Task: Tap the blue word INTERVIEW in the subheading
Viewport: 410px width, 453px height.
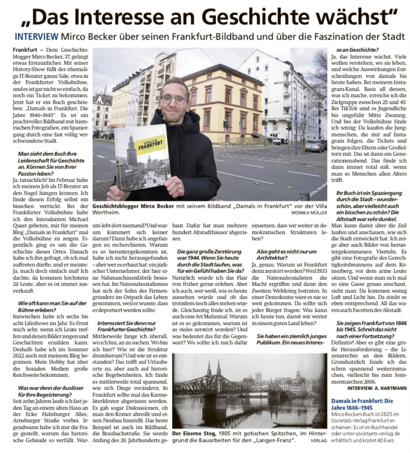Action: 37,37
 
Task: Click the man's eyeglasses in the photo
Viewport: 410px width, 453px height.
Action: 174,99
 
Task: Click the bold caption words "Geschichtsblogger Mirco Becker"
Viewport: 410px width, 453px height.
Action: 133,206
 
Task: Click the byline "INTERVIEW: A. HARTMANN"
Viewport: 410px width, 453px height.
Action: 377,388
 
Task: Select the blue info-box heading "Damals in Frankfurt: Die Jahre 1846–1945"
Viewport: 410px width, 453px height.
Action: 362,404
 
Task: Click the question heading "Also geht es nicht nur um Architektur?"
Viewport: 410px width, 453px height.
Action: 286,254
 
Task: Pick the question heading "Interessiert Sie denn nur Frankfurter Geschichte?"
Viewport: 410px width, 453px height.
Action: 126,326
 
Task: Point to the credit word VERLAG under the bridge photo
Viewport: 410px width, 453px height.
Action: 319,440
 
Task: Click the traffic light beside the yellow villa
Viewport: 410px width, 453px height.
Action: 226,125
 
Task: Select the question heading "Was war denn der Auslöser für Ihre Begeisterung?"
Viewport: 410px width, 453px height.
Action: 51,391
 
